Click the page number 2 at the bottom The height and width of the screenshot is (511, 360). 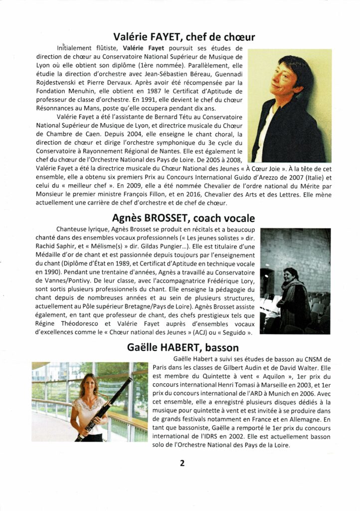point(182,463)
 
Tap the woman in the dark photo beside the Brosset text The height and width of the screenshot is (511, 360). point(292,299)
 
